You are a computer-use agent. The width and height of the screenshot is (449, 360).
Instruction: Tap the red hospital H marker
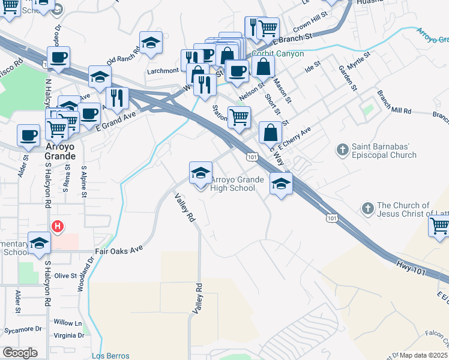pyautogui.click(x=57, y=226)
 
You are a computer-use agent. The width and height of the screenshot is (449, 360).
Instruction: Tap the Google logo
pyautogui.click(x=20, y=353)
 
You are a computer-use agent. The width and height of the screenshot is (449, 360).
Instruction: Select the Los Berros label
pyautogui.click(x=110, y=356)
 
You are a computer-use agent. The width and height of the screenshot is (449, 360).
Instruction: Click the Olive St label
pyautogui.click(x=65, y=276)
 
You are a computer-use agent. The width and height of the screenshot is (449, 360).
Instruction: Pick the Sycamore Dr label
pyautogui.click(x=21, y=329)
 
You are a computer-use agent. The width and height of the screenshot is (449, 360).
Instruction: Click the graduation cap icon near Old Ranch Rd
pyautogui.click(x=151, y=43)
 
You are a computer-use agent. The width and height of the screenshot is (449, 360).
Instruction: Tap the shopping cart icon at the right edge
pyautogui.click(x=439, y=226)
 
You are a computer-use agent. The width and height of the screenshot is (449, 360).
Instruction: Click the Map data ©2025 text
pyautogui.click(x=423, y=355)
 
